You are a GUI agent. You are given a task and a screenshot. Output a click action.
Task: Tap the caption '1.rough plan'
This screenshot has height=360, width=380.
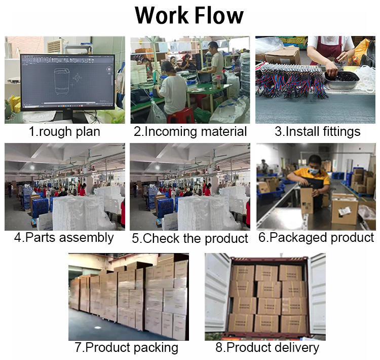pos(64,132)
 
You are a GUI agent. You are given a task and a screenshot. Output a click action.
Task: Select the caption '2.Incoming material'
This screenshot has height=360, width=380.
pos(190,132)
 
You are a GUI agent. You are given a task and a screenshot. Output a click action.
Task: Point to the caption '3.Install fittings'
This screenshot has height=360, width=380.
pos(317,132)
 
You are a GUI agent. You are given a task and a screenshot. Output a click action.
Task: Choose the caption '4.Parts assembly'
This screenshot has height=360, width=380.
pos(64,237)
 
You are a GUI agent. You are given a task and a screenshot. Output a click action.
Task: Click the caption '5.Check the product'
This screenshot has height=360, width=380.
pos(190,238)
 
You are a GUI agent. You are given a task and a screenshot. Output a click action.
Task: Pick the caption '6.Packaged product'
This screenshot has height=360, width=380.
pos(316,237)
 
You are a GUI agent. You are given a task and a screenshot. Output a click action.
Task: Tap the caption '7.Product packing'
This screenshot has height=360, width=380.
pos(127,348)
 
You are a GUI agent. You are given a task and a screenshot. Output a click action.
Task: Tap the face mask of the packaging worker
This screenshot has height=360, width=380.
pos(313,171)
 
